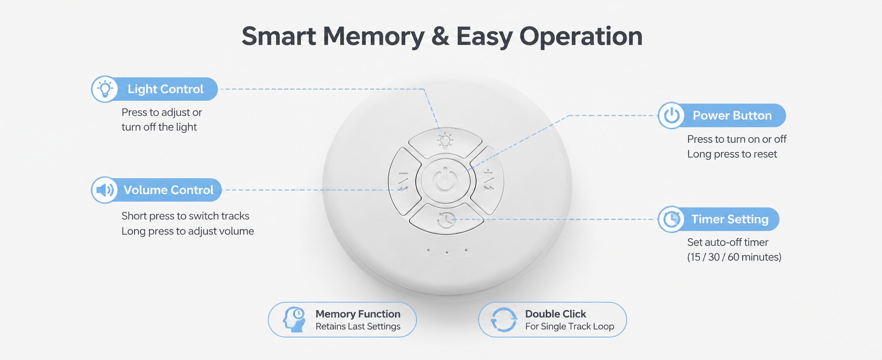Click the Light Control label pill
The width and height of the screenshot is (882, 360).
(154, 89)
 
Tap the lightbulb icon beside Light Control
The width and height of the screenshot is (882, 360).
(105, 89)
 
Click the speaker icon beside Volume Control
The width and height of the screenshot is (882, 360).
(105, 190)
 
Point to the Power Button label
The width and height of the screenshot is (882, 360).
(722, 115)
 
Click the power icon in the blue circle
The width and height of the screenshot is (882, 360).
(671, 115)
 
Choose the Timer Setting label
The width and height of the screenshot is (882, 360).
(718, 219)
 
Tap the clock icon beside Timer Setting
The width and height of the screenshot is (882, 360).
(671, 219)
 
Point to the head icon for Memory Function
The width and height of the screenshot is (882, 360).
(294, 320)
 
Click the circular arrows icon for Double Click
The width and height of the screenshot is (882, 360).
(503, 320)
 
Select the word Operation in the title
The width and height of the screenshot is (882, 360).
(581, 37)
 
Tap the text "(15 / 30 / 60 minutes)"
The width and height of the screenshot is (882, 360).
(734, 257)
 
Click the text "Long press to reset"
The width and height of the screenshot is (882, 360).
(732, 154)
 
